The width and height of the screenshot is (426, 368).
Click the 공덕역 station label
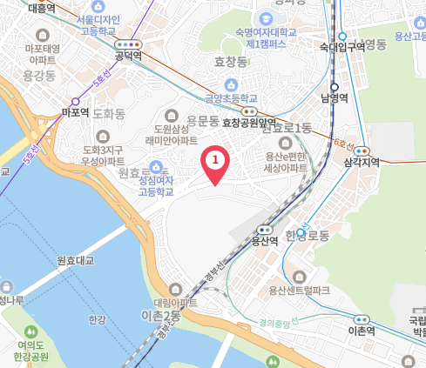[x=128, y=56]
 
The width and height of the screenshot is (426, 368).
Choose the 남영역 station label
[x=334, y=98]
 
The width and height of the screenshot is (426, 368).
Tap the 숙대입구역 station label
[x=342, y=46]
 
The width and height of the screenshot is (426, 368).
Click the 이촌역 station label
[x=361, y=331]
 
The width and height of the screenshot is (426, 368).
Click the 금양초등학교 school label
[x=232, y=99]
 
